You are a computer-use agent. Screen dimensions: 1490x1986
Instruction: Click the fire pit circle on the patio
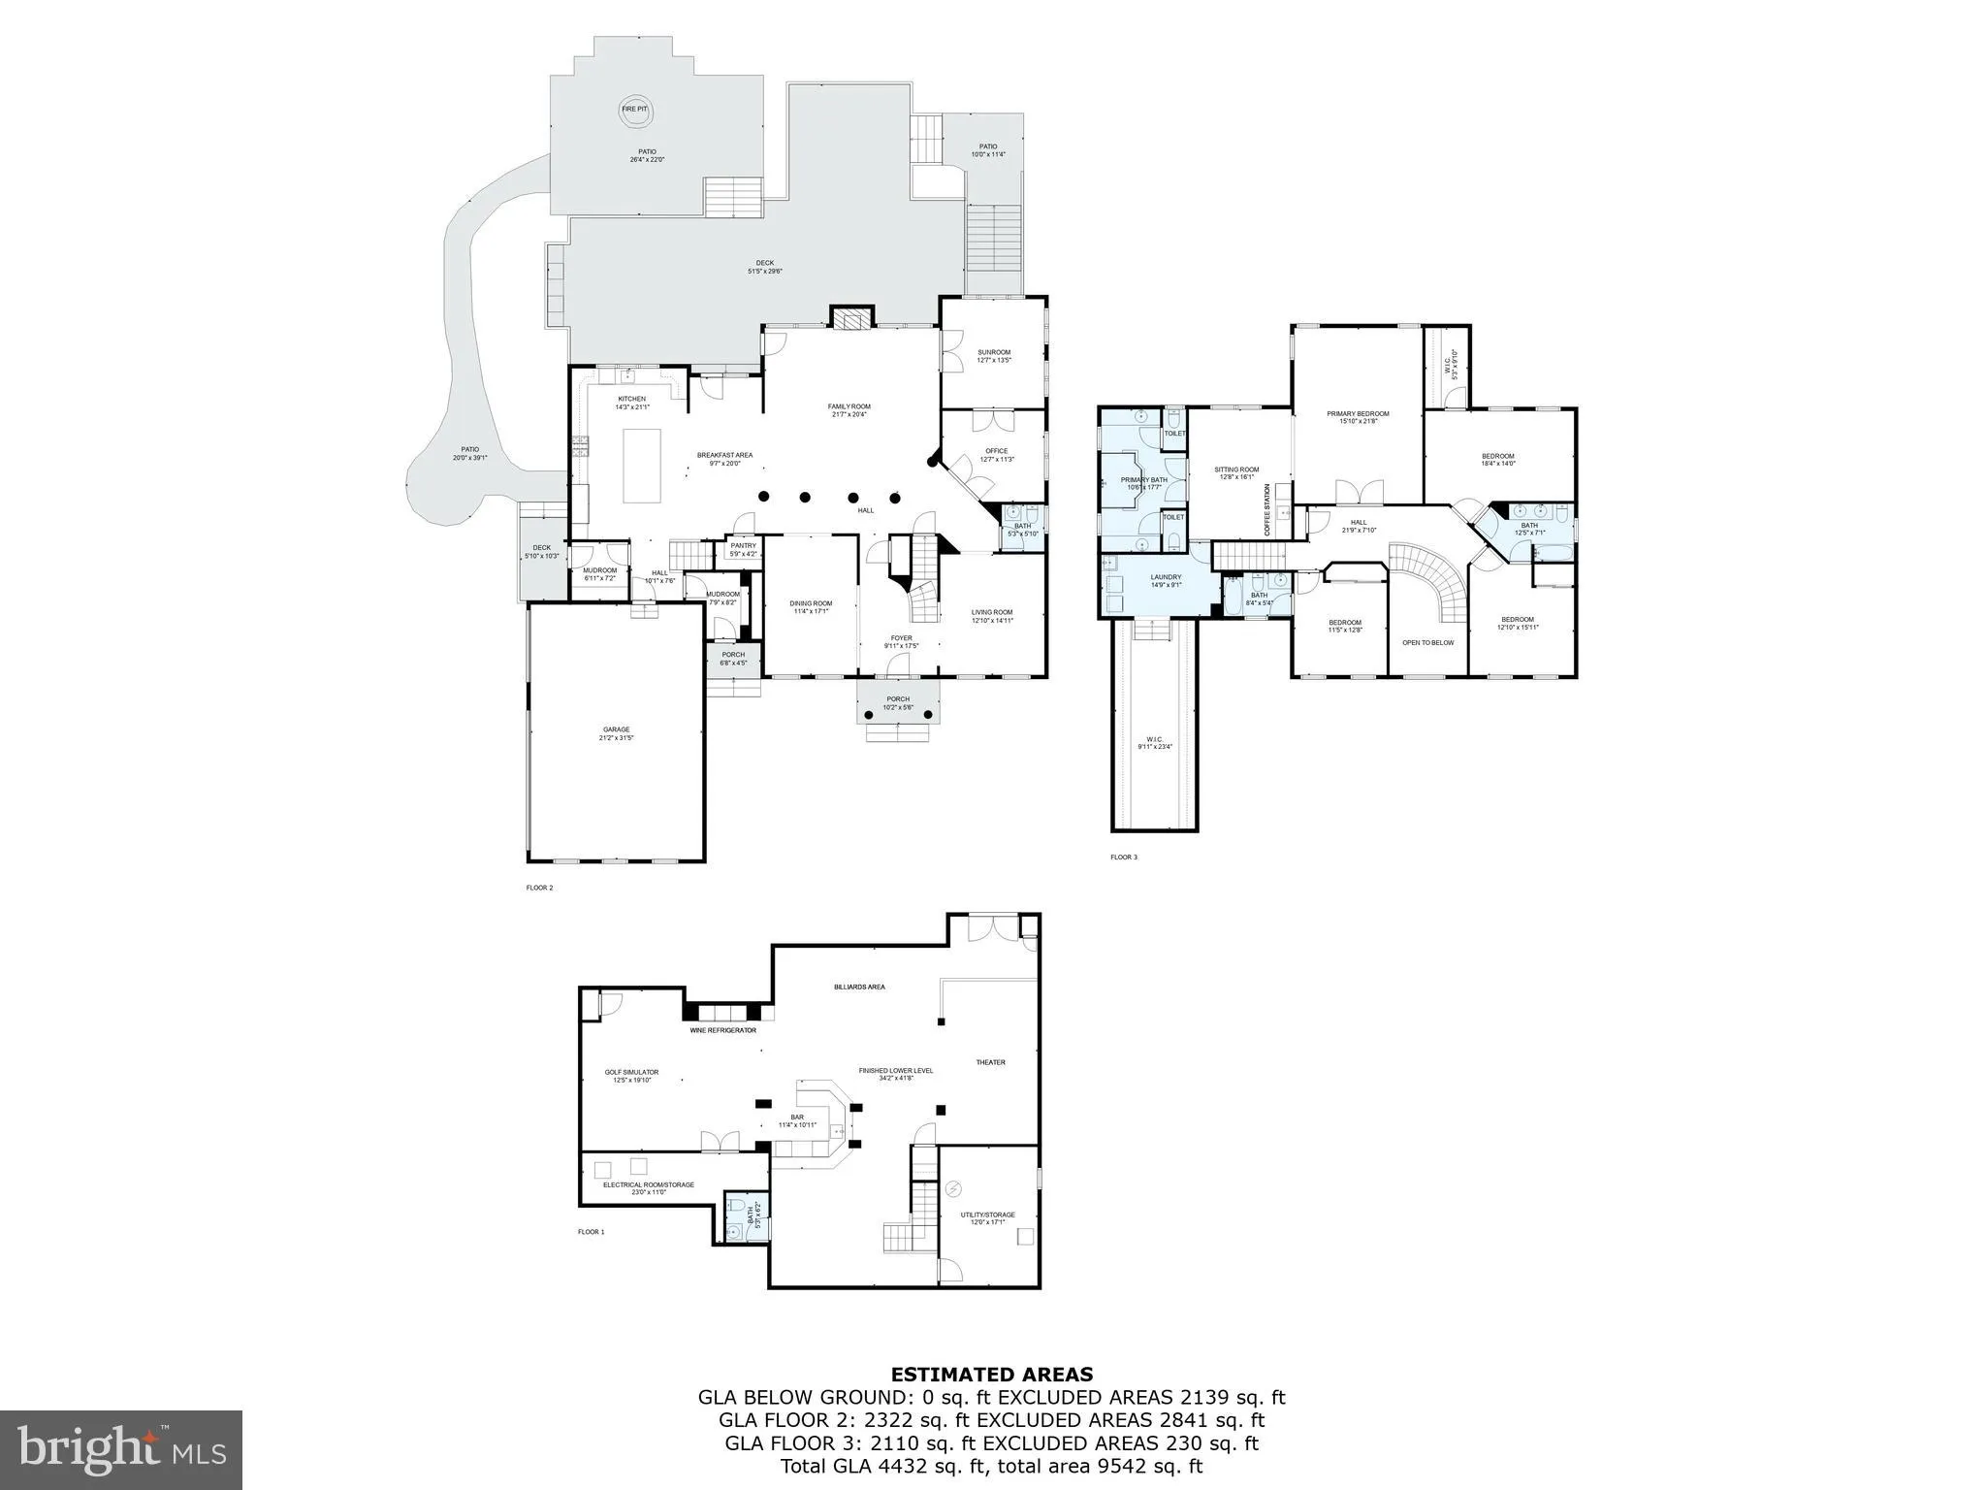635,112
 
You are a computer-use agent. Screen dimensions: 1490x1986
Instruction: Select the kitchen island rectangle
641,466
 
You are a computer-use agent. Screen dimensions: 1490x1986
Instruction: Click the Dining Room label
810,606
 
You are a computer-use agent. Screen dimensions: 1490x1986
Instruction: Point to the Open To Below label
1427,642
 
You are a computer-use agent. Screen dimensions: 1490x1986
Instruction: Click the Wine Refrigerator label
722,1030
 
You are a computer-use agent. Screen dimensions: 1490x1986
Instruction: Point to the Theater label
990,1062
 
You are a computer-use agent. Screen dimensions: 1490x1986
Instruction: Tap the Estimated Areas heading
992,1375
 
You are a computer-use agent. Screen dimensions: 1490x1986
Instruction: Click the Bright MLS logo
121,1450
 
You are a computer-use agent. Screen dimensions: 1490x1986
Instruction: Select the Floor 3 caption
1123,858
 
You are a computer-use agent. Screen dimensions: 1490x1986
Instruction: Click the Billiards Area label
859,987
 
